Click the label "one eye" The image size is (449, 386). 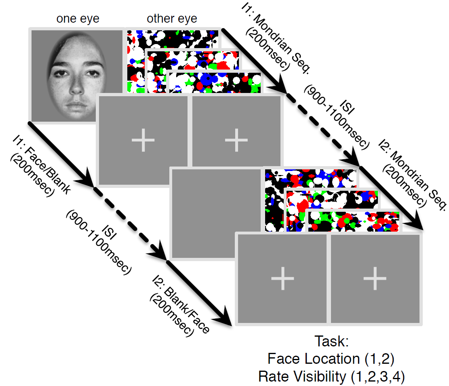click(x=78, y=19)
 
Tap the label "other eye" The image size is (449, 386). click(x=172, y=19)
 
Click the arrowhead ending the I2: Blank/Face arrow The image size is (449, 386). click(x=226, y=319)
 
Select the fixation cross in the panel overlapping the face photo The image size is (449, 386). click(x=143, y=139)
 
